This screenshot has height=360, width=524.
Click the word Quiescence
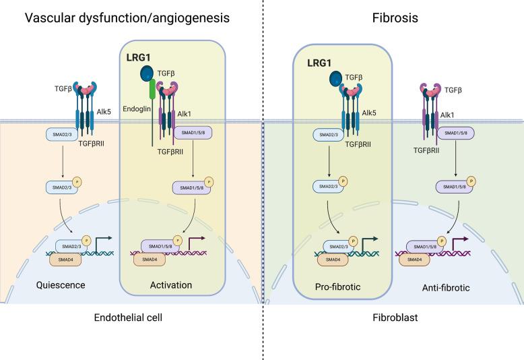click(x=61, y=284)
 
